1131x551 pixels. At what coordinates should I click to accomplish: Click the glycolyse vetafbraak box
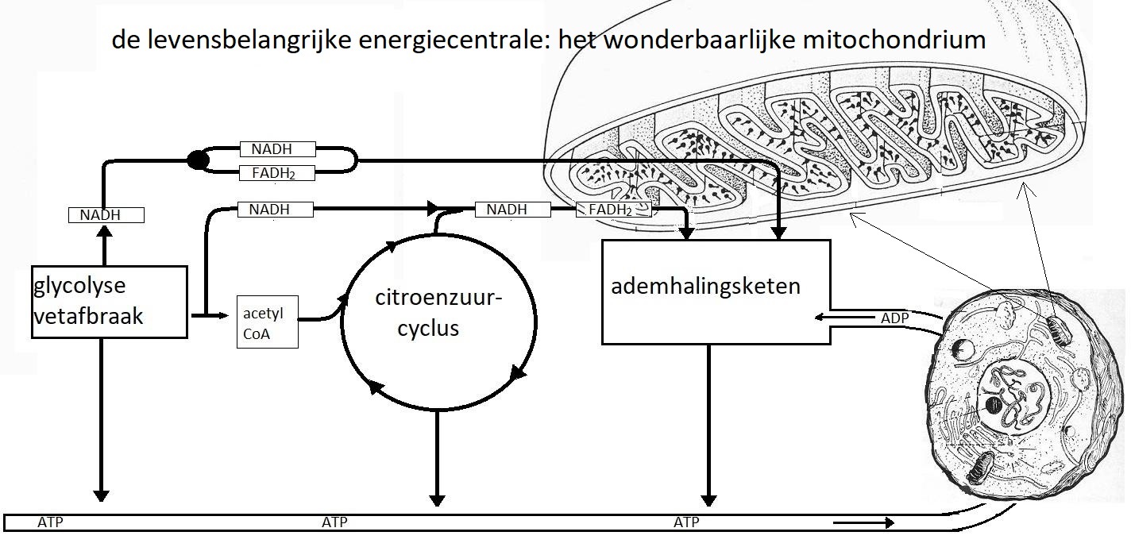[110, 302]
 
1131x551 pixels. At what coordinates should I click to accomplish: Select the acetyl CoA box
[268, 322]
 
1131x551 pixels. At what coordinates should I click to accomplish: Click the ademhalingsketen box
[716, 291]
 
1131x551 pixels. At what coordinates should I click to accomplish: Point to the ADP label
[894, 318]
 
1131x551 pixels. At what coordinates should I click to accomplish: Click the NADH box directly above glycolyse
[106, 214]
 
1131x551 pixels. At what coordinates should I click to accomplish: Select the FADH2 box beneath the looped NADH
[277, 173]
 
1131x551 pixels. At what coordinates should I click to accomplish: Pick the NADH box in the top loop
[277, 149]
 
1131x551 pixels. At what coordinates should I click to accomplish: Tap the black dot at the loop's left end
[198, 160]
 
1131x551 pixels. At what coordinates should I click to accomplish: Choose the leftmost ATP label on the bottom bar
[51, 522]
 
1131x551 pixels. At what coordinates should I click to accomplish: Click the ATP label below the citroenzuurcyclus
[334, 522]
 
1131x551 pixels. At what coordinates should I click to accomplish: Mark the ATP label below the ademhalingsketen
[686, 522]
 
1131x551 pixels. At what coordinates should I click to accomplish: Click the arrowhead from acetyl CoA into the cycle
[344, 300]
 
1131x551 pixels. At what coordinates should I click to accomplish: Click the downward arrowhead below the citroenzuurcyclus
[436, 499]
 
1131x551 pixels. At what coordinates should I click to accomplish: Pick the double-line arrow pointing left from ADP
[846, 318]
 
